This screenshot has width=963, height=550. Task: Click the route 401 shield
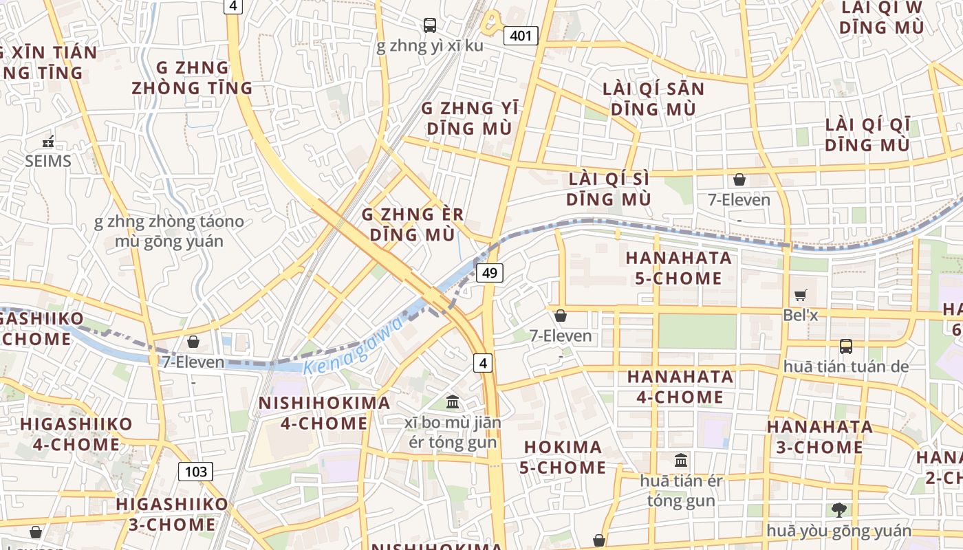pos(520,35)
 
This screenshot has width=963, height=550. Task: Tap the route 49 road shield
pos(489,273)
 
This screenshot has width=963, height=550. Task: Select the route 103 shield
pos(196,472)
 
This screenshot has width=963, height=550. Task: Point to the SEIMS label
pos(48,162)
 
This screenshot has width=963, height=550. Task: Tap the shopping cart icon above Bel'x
pos(801,295)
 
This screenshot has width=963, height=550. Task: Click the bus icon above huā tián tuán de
pos(845,346)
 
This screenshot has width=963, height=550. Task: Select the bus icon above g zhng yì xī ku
pos(430,25)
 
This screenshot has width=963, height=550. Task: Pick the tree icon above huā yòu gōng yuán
pos(838,509)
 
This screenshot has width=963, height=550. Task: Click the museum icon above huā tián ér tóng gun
pos(681,460)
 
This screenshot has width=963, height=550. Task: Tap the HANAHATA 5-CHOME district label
pos(678,268)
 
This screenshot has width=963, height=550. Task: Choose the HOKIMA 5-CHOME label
pos(565,457)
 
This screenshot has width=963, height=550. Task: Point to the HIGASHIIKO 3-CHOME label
pos(171,514)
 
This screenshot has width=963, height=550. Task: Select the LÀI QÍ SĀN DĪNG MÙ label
pos(653,99)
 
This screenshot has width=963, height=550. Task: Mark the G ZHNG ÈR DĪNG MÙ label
pos(413,225)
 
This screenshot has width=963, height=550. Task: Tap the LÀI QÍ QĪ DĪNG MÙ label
pos(867,135)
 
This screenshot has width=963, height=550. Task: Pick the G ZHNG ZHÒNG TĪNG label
pos(193,78)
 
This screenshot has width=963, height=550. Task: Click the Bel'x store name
pos(801,315)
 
